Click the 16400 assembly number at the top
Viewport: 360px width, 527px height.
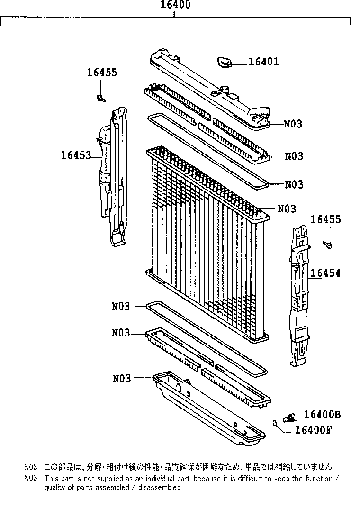pos(175,5)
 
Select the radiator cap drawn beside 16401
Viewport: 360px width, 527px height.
pos(225,63)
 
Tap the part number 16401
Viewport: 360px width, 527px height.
pos(263,62)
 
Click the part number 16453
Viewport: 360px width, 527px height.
pos(76,155)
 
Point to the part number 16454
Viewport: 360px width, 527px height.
pos(325,273)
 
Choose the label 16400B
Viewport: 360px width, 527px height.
pos(322,415)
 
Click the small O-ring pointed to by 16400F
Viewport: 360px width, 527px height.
pos(275,423)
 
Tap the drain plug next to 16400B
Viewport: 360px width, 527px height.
pos(289,417)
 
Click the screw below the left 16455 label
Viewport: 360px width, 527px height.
pos(101,98)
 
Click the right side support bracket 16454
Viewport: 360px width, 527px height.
pos(299,294)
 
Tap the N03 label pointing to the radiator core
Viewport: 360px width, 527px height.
pos(287,209)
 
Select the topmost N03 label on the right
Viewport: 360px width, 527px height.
pos(293,124)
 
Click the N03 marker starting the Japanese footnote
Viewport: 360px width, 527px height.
pos(30,467)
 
